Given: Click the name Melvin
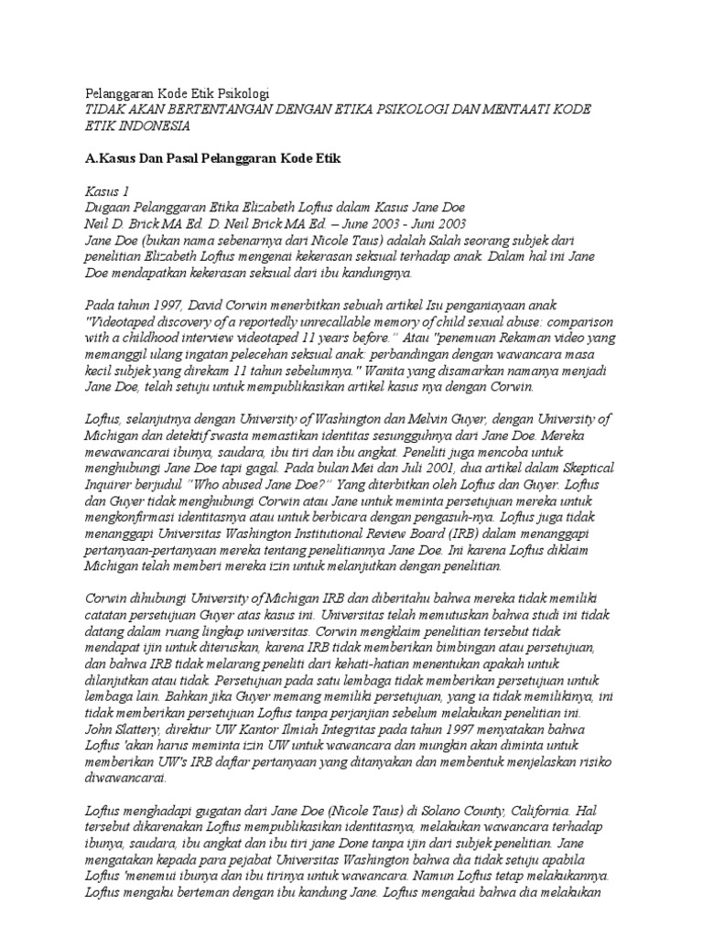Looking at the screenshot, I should [x=467, y=418].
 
